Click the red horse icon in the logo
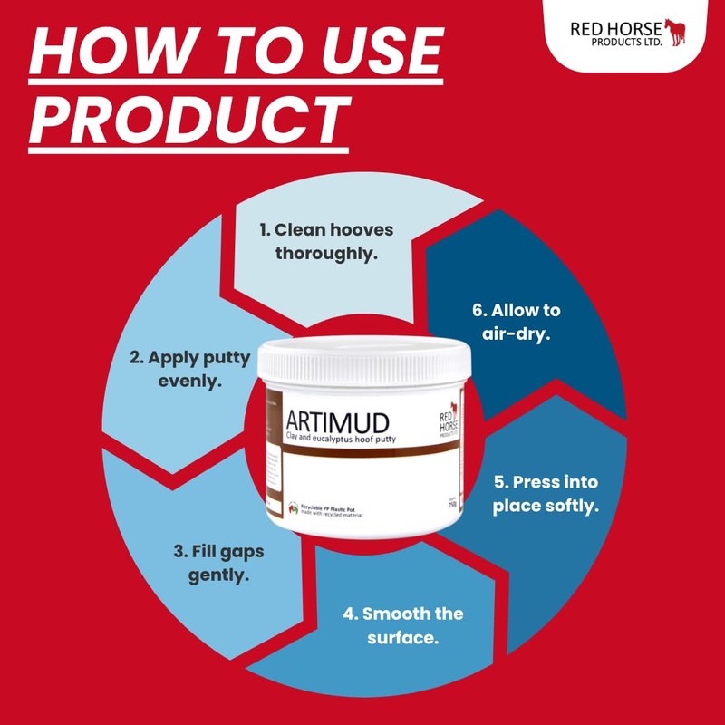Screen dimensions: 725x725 click(x=675, y=32)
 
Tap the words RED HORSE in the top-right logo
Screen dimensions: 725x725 click(x=616, y=28)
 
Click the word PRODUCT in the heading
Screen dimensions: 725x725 click(x=188, y=117)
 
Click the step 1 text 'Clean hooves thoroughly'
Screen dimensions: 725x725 click(x=325, y=242)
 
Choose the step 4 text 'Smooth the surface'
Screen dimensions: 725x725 click(x=403, y=625)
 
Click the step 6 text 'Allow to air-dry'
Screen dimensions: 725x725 click(x=517, y=322)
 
